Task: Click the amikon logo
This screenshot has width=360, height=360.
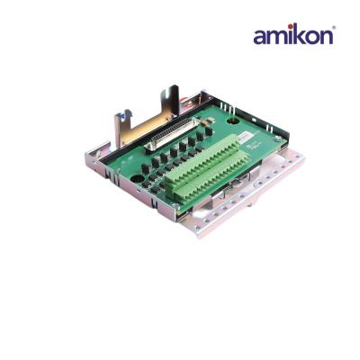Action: tap(292, 35)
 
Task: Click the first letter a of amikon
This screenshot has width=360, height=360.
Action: tap(260, 37)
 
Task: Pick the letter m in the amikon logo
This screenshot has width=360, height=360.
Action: tap(275, 37)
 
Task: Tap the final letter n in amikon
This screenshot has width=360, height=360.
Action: tap(326, 37)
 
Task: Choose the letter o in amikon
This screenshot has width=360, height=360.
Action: tap(311, 37)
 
